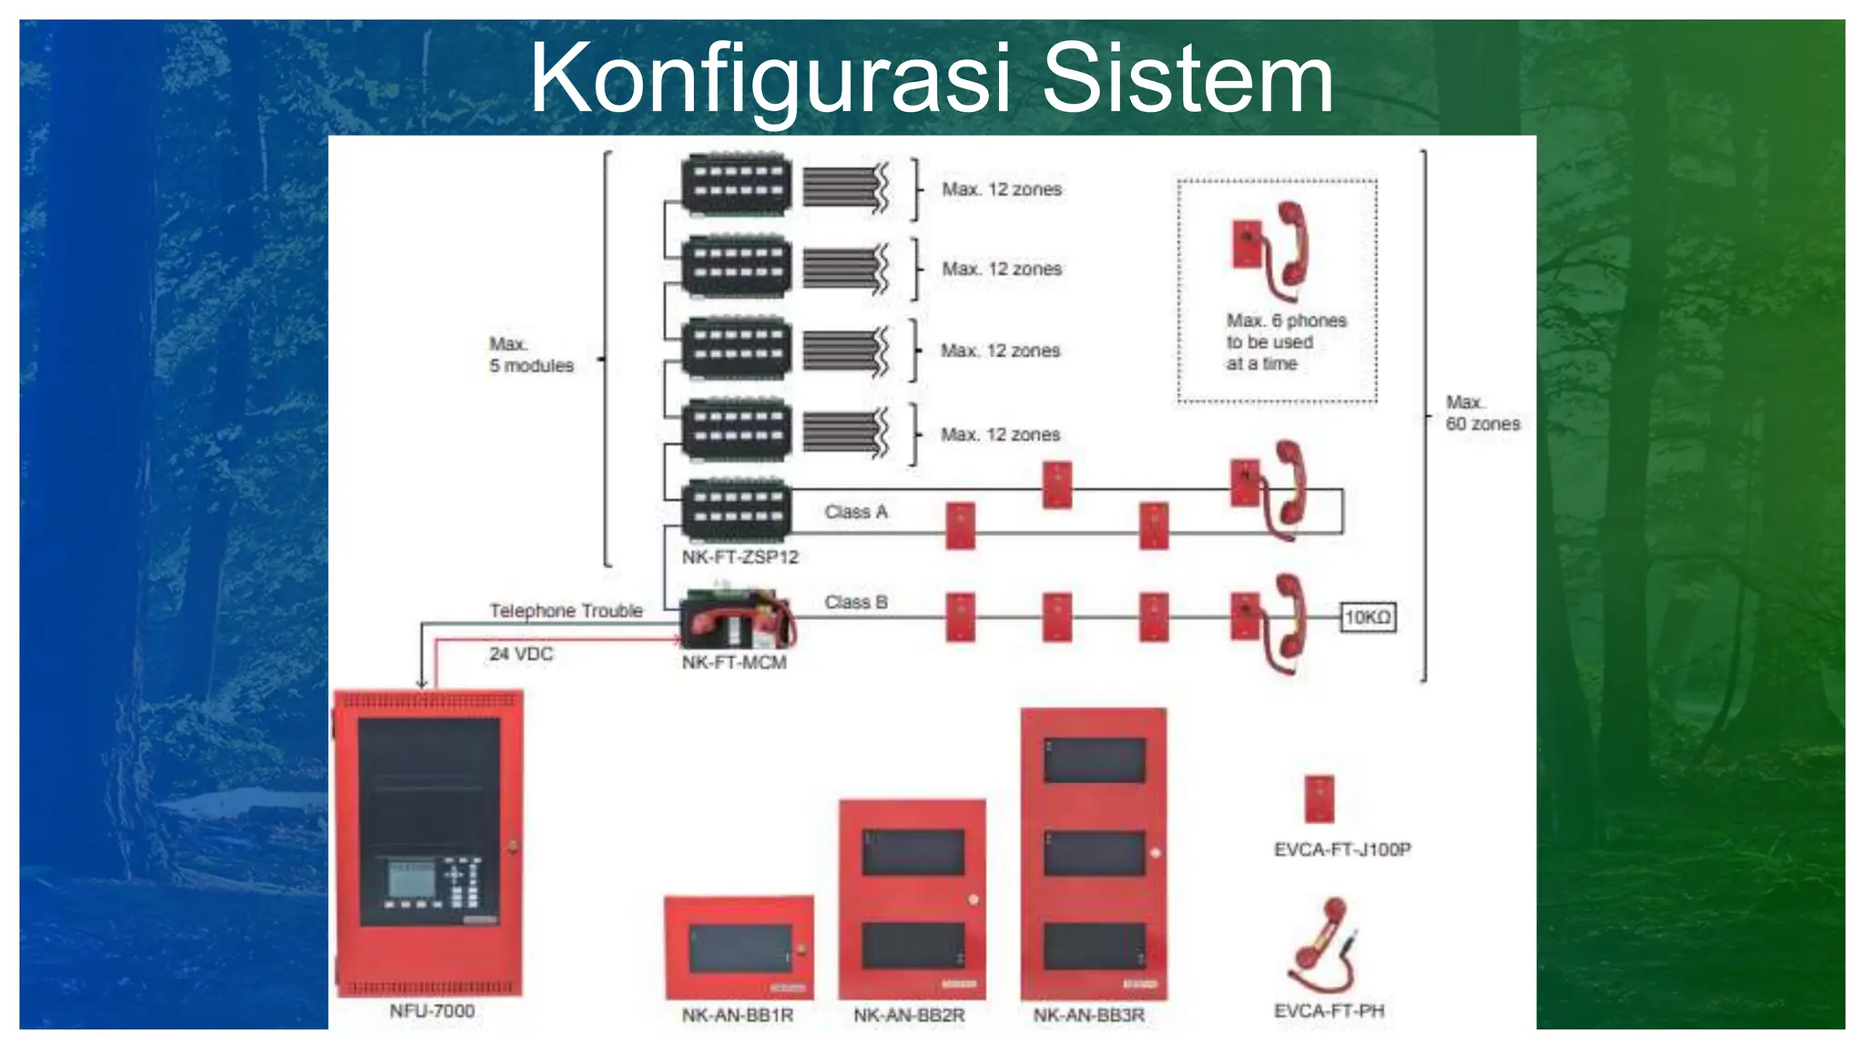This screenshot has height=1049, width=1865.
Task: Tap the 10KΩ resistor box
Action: click(1368, 617)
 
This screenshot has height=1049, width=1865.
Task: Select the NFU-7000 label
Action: click(432, 1011)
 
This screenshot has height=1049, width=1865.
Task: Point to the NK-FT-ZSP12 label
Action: click(739, 556)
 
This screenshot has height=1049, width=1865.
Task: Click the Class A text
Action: click(855, 512)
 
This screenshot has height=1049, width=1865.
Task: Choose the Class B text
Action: click(855, 602)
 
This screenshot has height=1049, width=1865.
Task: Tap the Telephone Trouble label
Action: click(566, 610)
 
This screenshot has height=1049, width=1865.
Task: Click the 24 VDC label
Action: click(521, 654)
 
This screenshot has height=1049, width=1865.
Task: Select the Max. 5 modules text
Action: click(531, 355)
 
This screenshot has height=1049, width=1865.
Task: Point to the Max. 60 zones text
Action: click(1482, 413)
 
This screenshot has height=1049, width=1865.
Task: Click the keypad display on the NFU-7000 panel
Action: click(412, 879)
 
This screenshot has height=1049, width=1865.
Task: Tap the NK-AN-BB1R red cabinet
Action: click(739, 948)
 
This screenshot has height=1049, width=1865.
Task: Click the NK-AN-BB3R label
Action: click(1088, 1014)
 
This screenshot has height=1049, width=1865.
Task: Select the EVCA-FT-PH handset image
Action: click(1322, 947)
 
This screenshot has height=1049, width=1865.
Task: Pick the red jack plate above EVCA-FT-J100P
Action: click(1319, 799)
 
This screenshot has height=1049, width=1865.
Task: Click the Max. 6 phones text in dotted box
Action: click(1285, 341)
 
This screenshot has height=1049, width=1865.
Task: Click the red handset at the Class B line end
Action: click(1288, 624)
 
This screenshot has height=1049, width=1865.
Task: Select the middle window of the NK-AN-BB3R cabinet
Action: click(1094, 853)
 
